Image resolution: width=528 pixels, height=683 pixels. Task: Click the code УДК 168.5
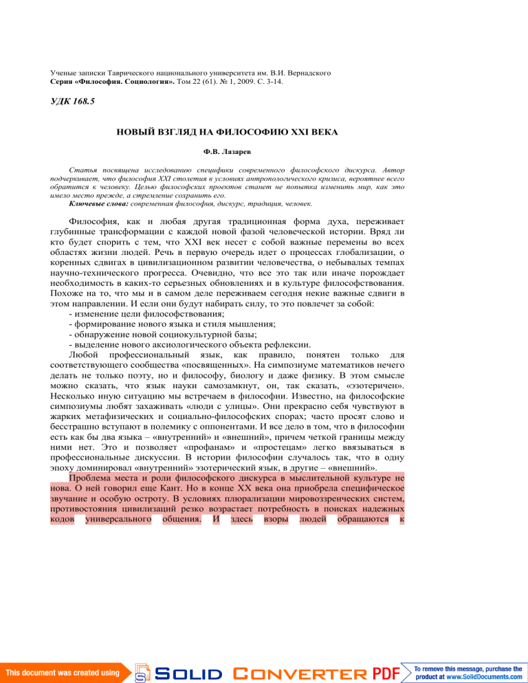pos(73,101)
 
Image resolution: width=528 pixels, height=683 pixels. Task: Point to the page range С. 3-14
pos(265,81)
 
